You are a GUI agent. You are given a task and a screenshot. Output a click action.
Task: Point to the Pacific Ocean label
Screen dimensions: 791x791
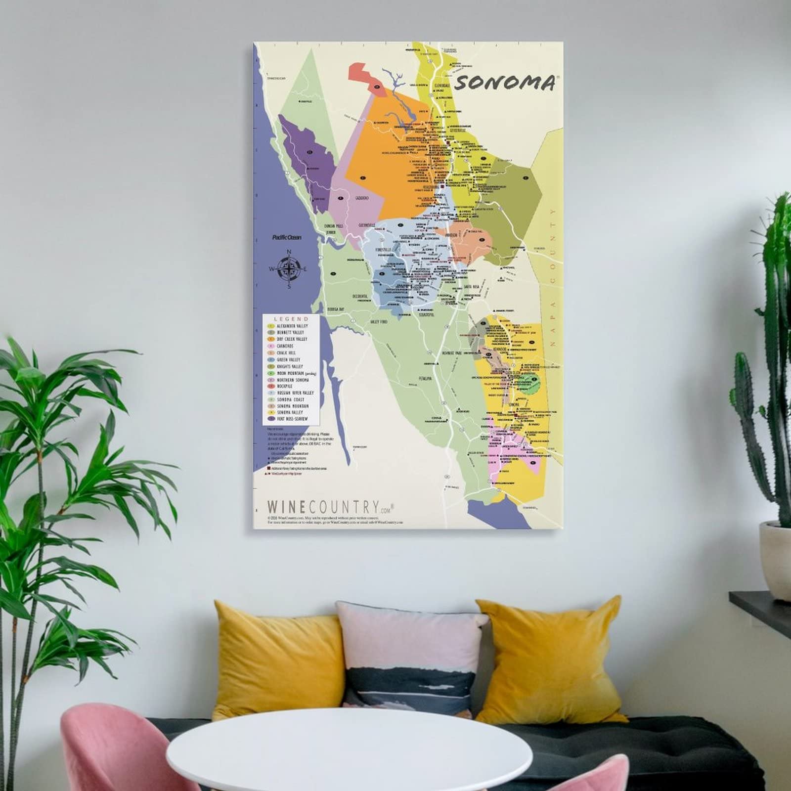287,237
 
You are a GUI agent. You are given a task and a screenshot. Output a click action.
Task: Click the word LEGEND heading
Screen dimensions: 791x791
291,319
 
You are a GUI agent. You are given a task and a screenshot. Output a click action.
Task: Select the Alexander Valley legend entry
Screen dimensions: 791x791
292,326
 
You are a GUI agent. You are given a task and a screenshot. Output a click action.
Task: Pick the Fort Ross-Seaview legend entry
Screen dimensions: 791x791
292,419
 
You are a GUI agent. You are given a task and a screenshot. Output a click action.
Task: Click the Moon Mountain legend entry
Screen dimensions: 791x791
292,373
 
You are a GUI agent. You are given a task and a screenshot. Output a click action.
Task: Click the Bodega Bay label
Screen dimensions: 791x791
335,308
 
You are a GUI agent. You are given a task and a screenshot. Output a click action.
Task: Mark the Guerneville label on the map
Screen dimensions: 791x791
368,225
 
